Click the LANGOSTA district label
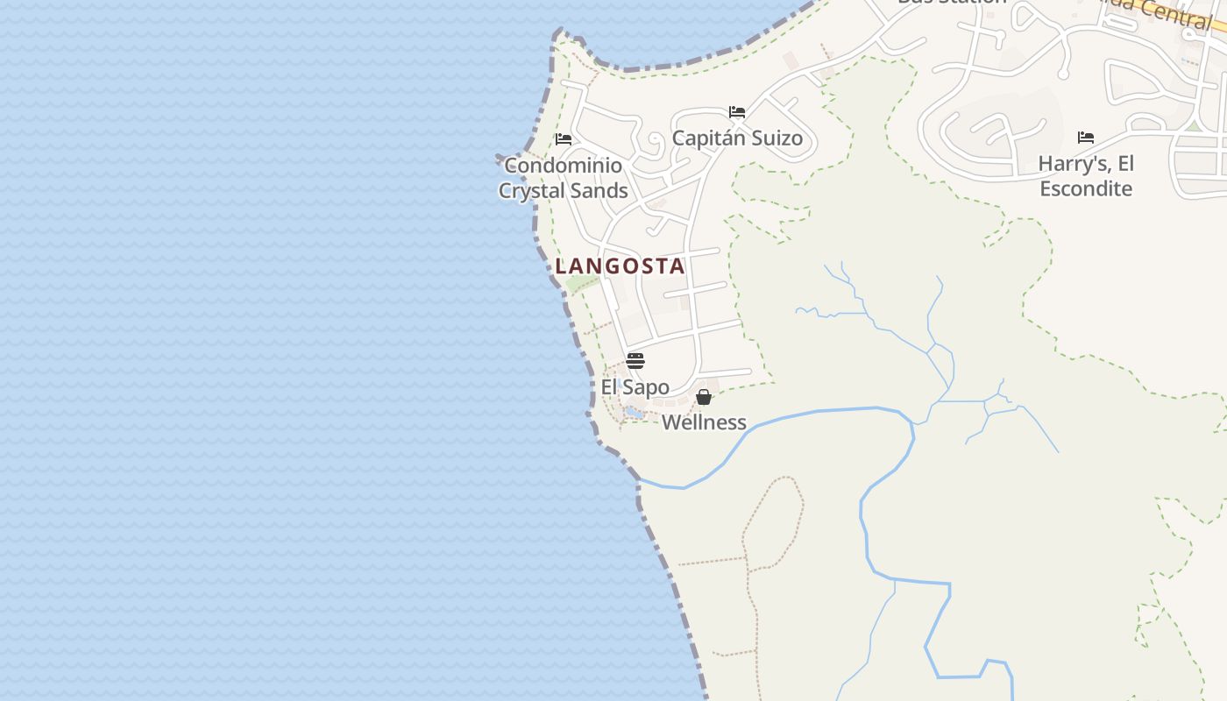tap(620, 266)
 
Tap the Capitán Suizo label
tap(737, 138)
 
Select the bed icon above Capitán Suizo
tap(737, 112)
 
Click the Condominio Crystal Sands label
tap(564, 178)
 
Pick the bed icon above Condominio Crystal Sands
tap(564, 138)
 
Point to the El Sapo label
tap(635, 387)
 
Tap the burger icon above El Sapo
tap(635, 361)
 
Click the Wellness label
tap(704, 422)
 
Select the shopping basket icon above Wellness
tap(704, 397)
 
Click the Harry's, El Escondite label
tap(1086, 176)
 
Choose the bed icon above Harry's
tap(1086, 137)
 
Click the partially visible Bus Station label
tap(952, 3)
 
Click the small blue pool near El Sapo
tap(632, 412)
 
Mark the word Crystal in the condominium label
tap(534, 191)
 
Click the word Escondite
tap(1086, 188)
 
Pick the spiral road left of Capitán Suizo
tap(653, 140)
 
